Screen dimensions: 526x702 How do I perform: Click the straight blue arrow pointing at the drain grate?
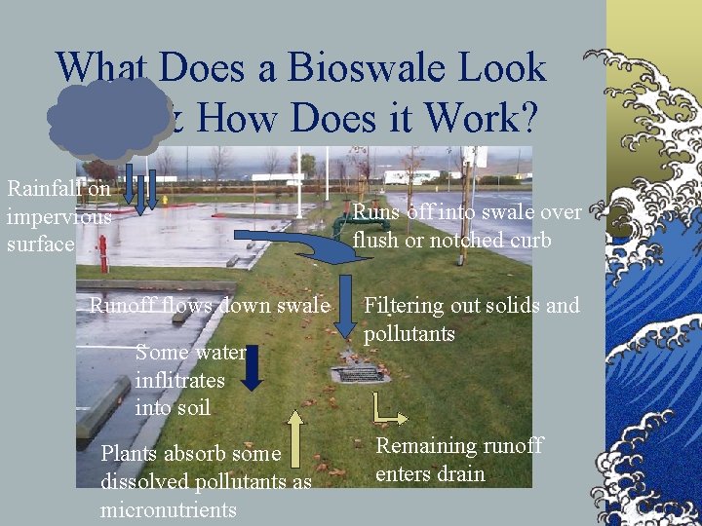tap(347, 302)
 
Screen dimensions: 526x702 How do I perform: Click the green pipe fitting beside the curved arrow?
tap(340, 226)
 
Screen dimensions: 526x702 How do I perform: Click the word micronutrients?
tap(168, 509)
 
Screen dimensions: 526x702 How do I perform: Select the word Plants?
tap(128, 453)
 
